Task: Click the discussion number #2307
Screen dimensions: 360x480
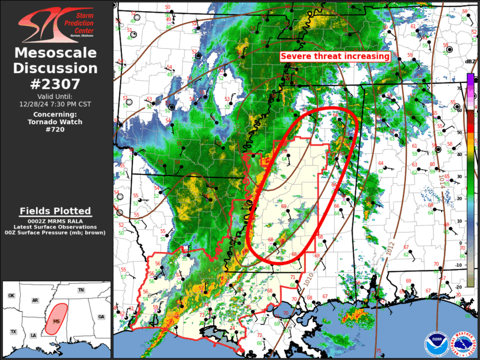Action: [x=56, y=83]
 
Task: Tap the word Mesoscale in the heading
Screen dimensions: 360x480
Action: [x=56, y=54]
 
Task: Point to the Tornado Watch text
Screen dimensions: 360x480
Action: [x=56, y=122]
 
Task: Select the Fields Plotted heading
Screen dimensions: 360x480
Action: [x=56, y=211]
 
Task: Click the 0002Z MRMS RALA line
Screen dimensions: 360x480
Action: [x=56, y=220]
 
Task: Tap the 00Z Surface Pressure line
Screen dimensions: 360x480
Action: [x=56, y=233]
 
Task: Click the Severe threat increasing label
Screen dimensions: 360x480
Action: [x=335, y=56]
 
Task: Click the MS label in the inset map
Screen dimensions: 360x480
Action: [x=57, y=321]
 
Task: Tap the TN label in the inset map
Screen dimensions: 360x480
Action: [x=81, y=290]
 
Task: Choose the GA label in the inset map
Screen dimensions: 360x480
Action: [x=101, y=316]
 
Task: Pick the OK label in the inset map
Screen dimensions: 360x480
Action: [x=11, y=295]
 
